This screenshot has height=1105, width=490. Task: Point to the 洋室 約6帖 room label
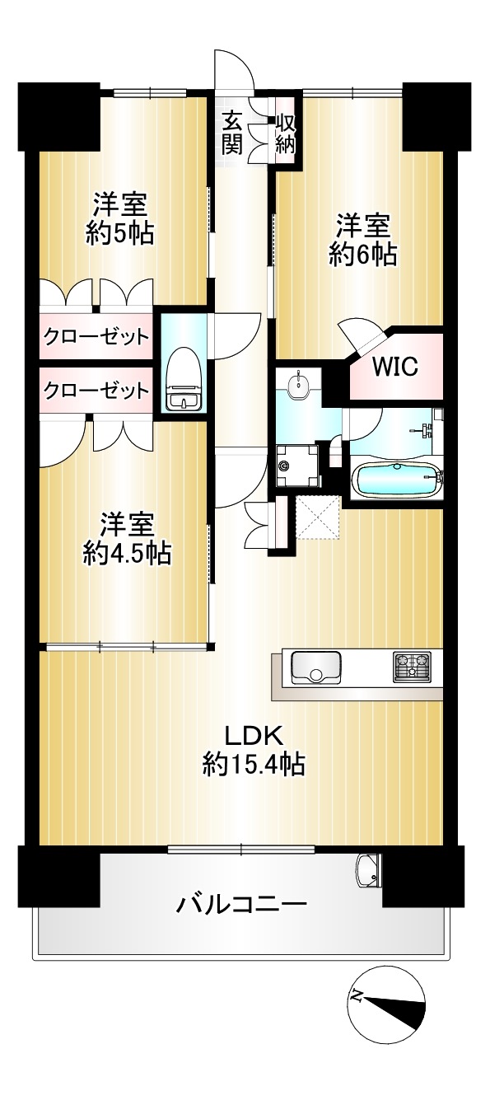pos(363,239)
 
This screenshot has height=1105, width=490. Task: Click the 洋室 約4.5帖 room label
pos(127,538)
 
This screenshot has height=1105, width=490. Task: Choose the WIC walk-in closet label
pos(394,366)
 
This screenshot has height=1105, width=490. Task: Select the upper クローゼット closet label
pos(96,337)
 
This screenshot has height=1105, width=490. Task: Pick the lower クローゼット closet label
pos(96,391)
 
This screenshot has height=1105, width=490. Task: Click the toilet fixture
pos(184,379)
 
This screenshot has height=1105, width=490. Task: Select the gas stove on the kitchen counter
pos(412,667)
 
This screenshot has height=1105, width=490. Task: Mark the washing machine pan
pos(298,466)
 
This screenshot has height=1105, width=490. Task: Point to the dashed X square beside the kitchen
pos(318,518)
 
